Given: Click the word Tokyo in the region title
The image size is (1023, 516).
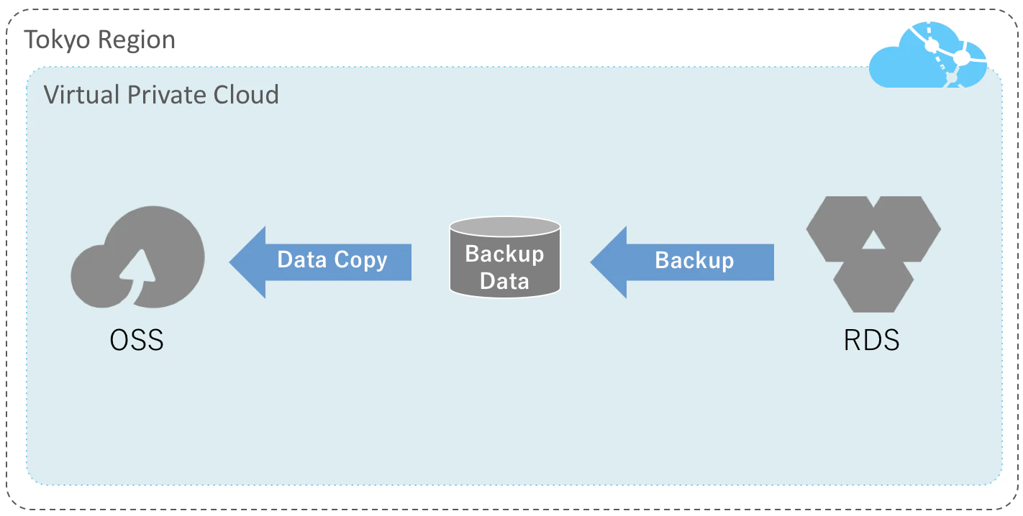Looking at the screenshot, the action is point(57,40).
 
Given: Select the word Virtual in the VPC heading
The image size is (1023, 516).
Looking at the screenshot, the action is point(82,95).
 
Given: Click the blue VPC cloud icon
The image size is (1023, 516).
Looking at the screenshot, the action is point(927,55).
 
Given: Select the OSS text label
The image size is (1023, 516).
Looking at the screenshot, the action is point(137,340).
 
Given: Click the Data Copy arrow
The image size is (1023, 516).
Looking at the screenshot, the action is point(319,262).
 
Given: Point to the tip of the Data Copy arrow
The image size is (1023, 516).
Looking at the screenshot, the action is point(229,262).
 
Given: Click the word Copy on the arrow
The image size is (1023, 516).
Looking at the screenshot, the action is point(360,260).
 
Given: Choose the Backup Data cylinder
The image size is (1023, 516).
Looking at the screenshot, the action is point(504,257).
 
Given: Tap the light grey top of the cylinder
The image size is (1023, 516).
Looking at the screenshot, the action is point(504,227).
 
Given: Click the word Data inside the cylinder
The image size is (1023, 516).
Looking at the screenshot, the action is point(504,280).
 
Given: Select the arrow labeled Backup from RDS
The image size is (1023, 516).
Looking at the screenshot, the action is point(682,262).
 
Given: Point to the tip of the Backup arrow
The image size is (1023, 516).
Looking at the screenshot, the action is point(591,262).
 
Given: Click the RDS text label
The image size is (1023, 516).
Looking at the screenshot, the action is point(871,340).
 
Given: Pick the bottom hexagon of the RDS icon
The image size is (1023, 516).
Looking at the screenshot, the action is point(873,283).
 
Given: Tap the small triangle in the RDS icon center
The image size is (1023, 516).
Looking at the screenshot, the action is point(873,241).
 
